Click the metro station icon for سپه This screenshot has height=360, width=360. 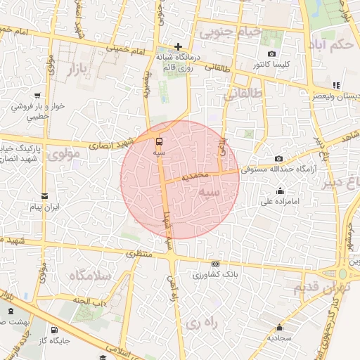tap(160, 141)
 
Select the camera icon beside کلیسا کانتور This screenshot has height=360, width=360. tap(272, 54)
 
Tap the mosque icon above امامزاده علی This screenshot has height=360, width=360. tap(281, 191)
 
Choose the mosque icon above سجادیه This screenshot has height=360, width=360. tap(280, 327)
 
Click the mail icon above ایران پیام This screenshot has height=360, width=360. tap(45, 196)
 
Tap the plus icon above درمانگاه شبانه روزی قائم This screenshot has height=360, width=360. tap(179, 46)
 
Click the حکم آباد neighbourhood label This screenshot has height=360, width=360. tap(333, 45)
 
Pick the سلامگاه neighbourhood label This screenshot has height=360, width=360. tap(90, 276)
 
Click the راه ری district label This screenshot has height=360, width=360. tap(205, 323)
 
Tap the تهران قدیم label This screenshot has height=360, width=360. tap(316, 288)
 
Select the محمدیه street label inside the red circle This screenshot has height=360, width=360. tap(196, 174)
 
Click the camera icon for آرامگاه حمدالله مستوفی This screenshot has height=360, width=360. tap(279, 159)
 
